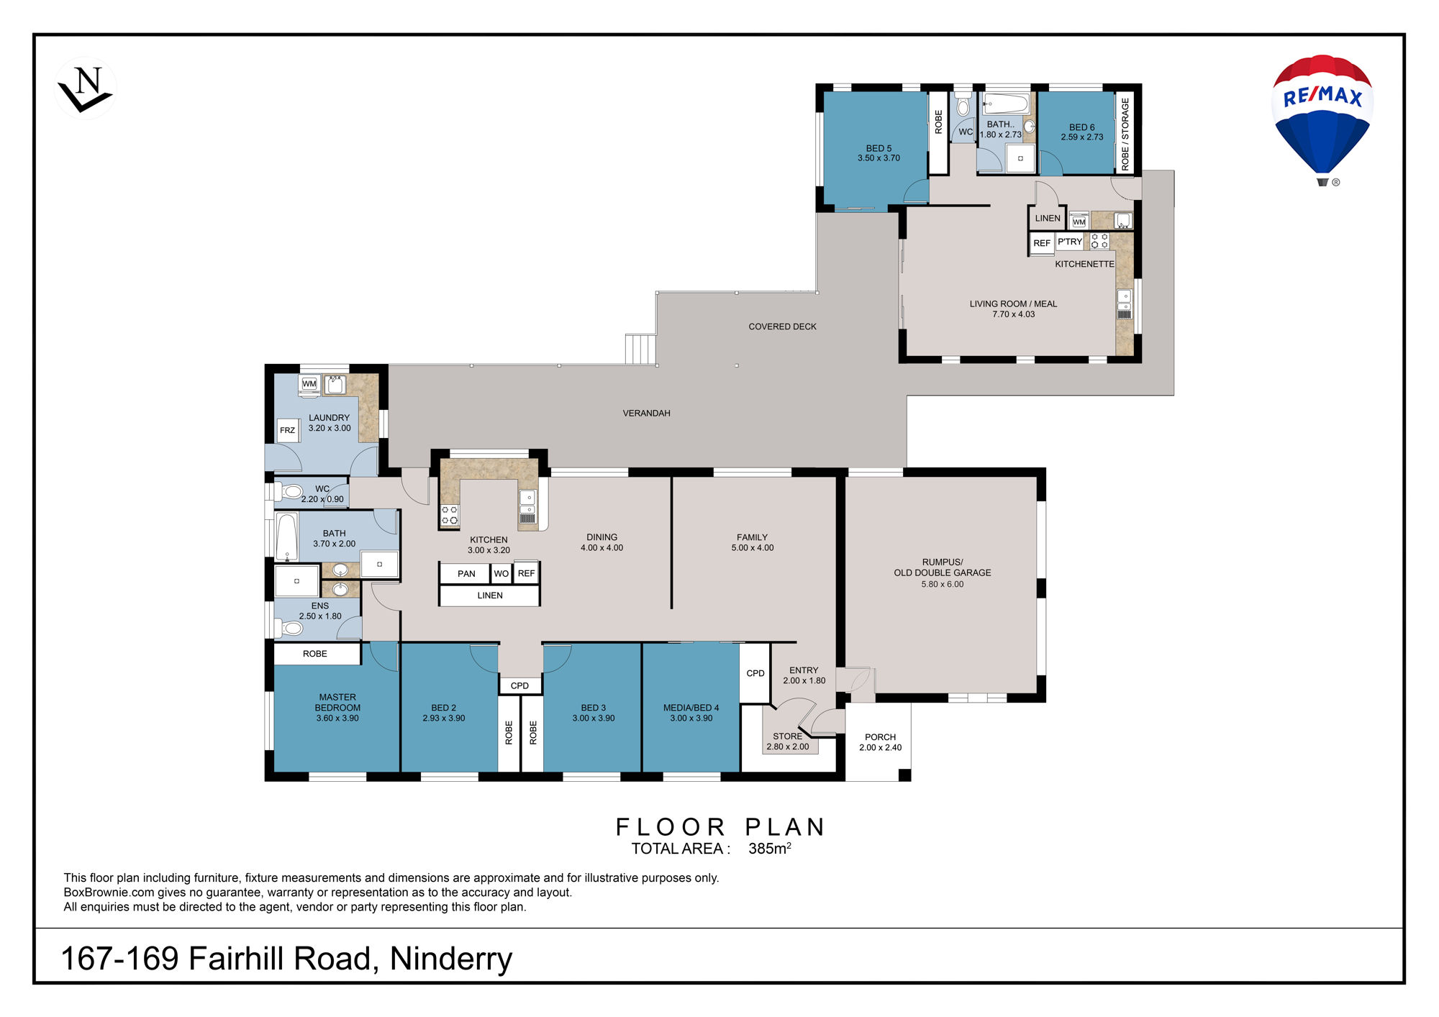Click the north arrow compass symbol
tap(86, 88)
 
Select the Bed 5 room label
tap(879, 153)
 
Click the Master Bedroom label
tap(337, 708)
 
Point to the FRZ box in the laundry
tap(288, 430)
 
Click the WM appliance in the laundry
tap(309, 384)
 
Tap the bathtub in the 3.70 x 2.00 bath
tap(287, 536)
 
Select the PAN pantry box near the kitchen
tap(466, 573)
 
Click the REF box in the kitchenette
tap(1042, 243)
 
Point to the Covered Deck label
tap(782, 327)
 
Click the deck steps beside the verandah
tap(640, 349)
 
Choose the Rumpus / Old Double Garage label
tap(943, 573)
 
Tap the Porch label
tap(880, 742)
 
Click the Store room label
tap(788, 742)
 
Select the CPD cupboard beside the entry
tap(755, 673)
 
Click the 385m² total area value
tap(770, 848)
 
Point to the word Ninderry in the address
tap(451, 959)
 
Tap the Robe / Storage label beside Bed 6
tap(1125, 134)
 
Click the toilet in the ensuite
tap(291, 629)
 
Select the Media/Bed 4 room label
tap(691, 713)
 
